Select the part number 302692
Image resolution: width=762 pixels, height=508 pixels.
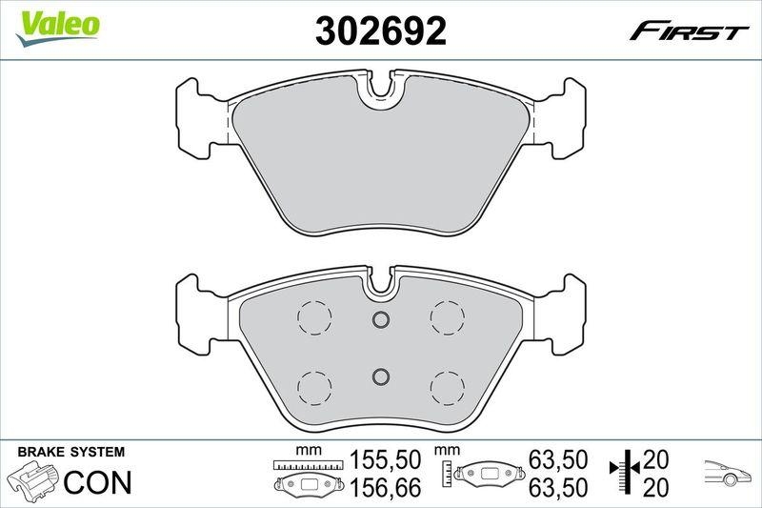pos(380,31)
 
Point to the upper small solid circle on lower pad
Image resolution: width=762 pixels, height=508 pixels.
pos(380,319)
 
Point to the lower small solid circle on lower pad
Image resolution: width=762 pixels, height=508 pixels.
pos(380,376)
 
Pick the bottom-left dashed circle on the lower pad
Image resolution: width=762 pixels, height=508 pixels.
pos(313,386)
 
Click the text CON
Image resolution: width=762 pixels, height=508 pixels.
pos(97,481)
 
